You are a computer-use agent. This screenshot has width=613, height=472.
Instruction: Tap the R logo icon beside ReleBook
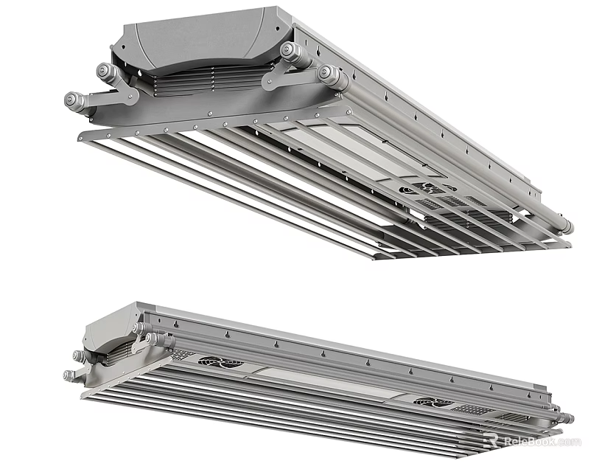491,440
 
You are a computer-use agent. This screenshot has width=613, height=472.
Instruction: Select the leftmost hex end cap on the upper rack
74,100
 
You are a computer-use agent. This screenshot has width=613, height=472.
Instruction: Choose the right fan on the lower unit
428,402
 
